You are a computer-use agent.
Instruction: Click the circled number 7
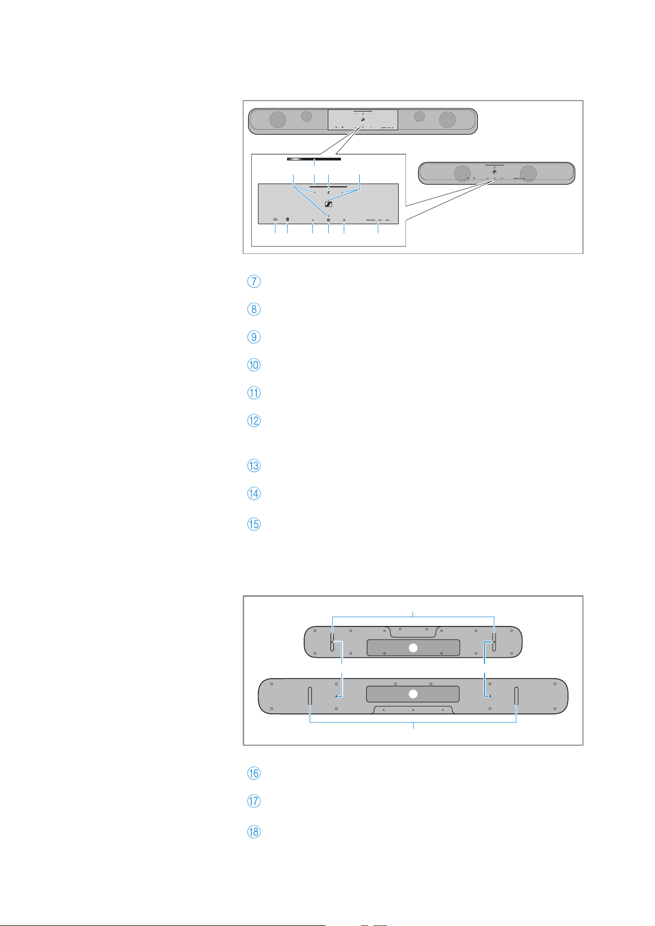click(x=254, y=281)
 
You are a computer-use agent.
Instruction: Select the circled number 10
click(x=254, y=365)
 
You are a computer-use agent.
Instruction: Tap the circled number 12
click(x=254, y=421)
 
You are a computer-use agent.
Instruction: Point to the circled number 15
click(x=254, y=524)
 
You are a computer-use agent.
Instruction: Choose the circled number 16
click(x=254, y=773)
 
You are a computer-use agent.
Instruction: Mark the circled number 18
click(x=254, y=831)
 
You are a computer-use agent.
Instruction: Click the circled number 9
click(x=254, y=337)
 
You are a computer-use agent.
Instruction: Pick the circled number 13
click(x=254, y=466)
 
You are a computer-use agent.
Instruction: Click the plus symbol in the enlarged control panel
click(x=344, y=220)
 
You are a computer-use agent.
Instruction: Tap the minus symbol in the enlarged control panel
click(x=313, y=220)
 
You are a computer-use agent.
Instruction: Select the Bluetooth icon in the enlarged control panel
click(x=288, y=219)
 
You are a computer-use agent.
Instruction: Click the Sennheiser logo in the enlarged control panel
click(x=328, y=204)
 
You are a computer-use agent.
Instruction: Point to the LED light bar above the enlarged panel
click(x=314, y=159)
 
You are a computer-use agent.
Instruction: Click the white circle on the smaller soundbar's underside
click(x=413, y=648)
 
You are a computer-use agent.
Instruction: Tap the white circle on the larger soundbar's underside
click(x=413, y=694)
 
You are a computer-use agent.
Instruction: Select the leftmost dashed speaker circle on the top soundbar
click(x=278, y=119)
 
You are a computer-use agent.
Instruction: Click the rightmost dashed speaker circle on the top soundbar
click(x=447, y=119)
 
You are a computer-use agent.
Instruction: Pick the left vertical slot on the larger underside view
click(x=310, y=696)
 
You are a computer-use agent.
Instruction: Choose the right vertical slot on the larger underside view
click(x=516, y=696)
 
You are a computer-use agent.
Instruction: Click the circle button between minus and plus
click(x=328, y=220)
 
